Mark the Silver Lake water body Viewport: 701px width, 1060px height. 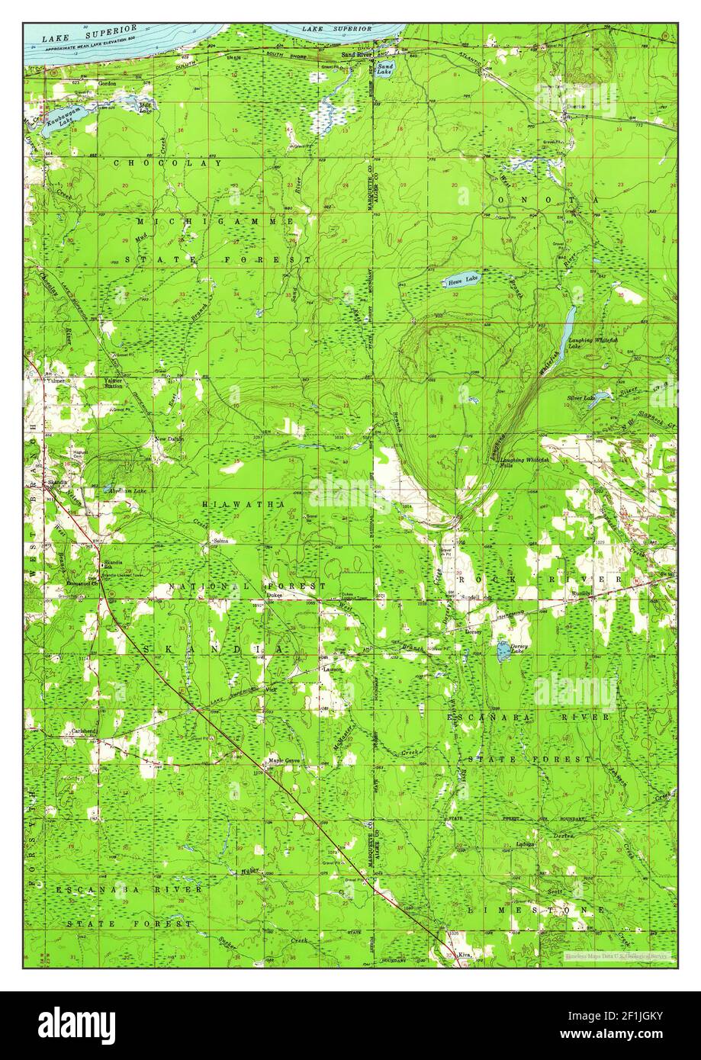(x=597, y=398)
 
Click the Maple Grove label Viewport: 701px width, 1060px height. (x=283, y=760)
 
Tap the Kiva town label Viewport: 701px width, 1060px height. (x=464, y=954)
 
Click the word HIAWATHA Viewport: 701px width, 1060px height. (x=244, y=505)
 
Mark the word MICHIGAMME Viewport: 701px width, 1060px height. (x=216, y=220)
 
